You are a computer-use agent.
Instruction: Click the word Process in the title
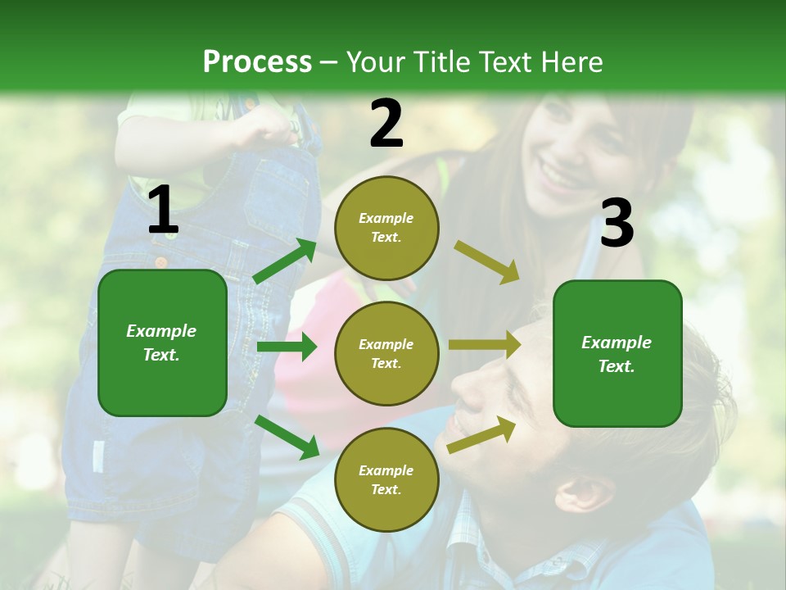coord(257,61)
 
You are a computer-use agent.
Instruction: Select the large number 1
coord(163,211)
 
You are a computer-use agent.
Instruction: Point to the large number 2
coord(386,124)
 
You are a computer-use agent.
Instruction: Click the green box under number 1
coord(162,343)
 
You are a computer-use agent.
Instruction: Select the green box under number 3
coord(617,353)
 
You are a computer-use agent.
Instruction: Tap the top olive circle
coord(386,228)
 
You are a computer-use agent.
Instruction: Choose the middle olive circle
coord(386,353)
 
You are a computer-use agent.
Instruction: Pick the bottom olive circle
coord(386,479)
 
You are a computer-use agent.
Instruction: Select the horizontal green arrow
coord(287,347)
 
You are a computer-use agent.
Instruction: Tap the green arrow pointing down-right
coord(287,437)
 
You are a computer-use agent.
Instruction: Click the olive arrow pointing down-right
coord(486,262)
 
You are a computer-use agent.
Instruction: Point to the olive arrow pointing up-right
coord(481,434)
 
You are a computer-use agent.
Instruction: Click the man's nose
coord(470,391)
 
